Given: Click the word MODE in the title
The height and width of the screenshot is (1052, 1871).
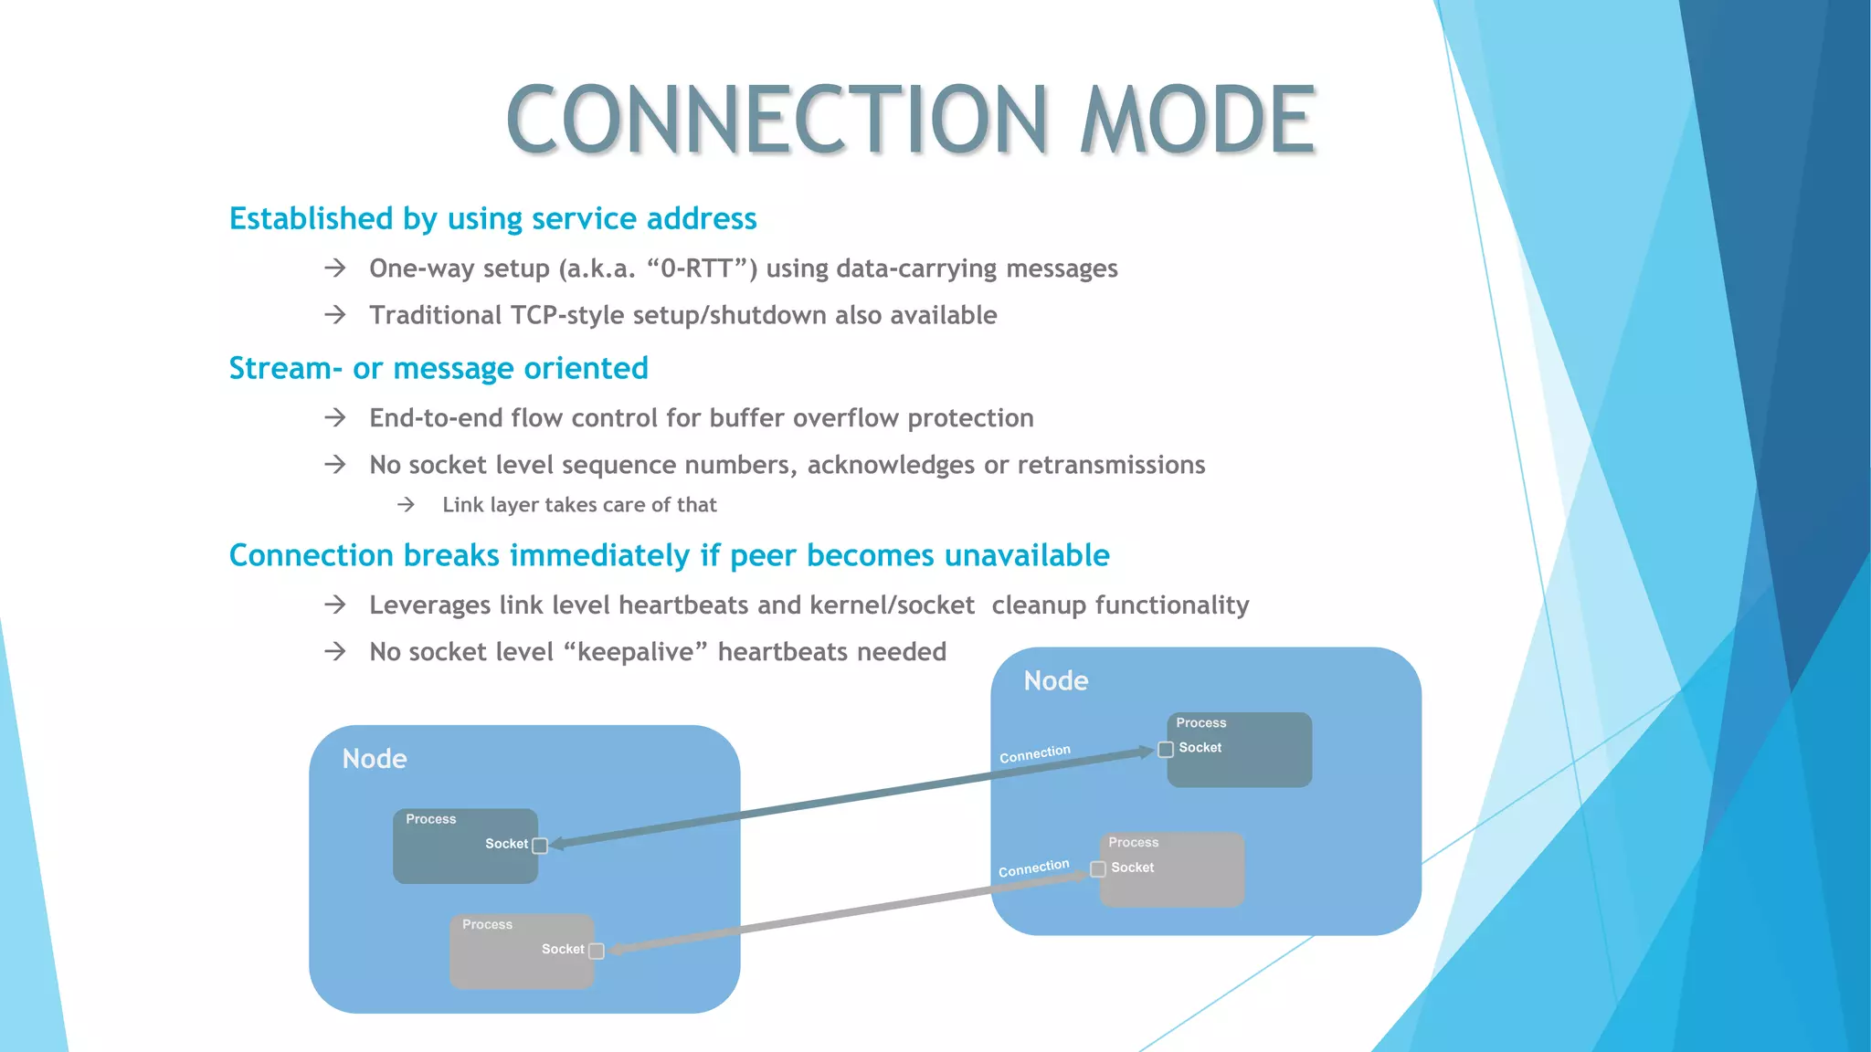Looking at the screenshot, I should click(1197, 120).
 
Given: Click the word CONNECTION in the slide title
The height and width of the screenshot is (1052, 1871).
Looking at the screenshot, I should click(777, 120).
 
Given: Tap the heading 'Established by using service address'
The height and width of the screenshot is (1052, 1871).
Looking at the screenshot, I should click(492, 219).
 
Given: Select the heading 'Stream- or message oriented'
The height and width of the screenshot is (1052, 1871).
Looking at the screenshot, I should click(439, 368).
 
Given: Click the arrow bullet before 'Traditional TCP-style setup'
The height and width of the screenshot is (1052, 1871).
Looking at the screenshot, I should click(335, 315).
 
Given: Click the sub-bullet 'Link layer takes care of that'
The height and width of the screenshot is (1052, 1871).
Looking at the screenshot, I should click(579, 505).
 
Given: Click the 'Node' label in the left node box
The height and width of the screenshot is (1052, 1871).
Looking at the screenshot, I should click(375, 759).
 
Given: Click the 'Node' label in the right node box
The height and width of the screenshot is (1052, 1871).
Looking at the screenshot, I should click(1056, 681).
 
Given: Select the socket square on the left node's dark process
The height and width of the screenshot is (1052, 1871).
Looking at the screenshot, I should click(540, 846).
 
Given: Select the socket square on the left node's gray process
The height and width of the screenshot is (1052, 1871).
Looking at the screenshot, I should click(597, 952).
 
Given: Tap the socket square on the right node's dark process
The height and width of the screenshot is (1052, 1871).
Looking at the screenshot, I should click(1166, 750).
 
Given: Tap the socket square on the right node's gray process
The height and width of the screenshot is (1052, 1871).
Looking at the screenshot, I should click(1098, 869).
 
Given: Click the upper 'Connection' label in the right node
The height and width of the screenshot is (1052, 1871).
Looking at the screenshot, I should click(1035, 754).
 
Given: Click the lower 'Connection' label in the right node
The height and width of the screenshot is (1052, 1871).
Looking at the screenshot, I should click(1033, 868).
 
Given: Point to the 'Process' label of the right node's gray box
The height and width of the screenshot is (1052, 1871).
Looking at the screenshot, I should click(1133, 843).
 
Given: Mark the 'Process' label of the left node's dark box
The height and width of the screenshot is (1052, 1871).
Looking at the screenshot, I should click(430, 819).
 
